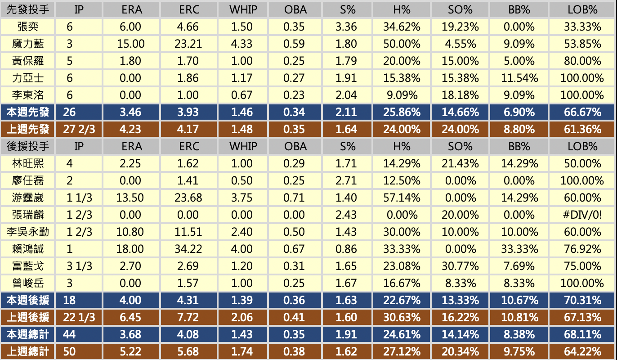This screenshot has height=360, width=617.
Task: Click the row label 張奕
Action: pyautogui.click(x=28, y=27)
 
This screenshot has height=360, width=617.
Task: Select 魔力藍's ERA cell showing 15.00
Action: pyautogui.click(x=131, y=44)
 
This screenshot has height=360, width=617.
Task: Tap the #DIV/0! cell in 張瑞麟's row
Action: pyautogui.click(x=582, y=215)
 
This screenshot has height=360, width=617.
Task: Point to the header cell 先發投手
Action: pyautogui.click(x=28, y=9)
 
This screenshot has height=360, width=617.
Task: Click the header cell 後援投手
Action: pyautogui.click(x=28, y=146)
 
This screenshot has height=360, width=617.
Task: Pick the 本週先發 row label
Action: pyautogui.click(x=28, y=112)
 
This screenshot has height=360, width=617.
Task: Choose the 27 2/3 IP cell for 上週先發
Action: pyautogui.click(x=79, y=129)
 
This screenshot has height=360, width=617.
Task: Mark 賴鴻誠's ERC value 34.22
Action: pyautogui.click(x=188, y=249)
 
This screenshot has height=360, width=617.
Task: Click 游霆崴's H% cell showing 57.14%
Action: pyautogui.click(x=402, y=198)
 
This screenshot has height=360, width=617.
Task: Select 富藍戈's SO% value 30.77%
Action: pyautogui.click(x=460, y=266)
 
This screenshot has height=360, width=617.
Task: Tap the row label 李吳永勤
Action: pyautogui.click(x=28, y=232)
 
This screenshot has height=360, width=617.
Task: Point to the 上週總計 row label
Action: pyautogui.click(x=28, y=351)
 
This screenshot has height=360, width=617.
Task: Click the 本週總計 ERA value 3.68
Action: pyautogui.click(x=131, y=334)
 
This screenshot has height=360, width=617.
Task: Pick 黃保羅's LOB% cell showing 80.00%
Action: pyautogui.click(x=582, y=61)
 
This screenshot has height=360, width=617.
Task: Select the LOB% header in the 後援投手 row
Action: pyautogui.click(x=582, y=146)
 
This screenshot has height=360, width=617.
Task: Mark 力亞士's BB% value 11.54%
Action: pyautogui.click(x=519, y=78)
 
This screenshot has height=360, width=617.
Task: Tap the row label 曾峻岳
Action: pyautogui.click(x=28, y=283)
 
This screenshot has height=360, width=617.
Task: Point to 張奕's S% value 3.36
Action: pyautogui.click(x=346, y=27)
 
